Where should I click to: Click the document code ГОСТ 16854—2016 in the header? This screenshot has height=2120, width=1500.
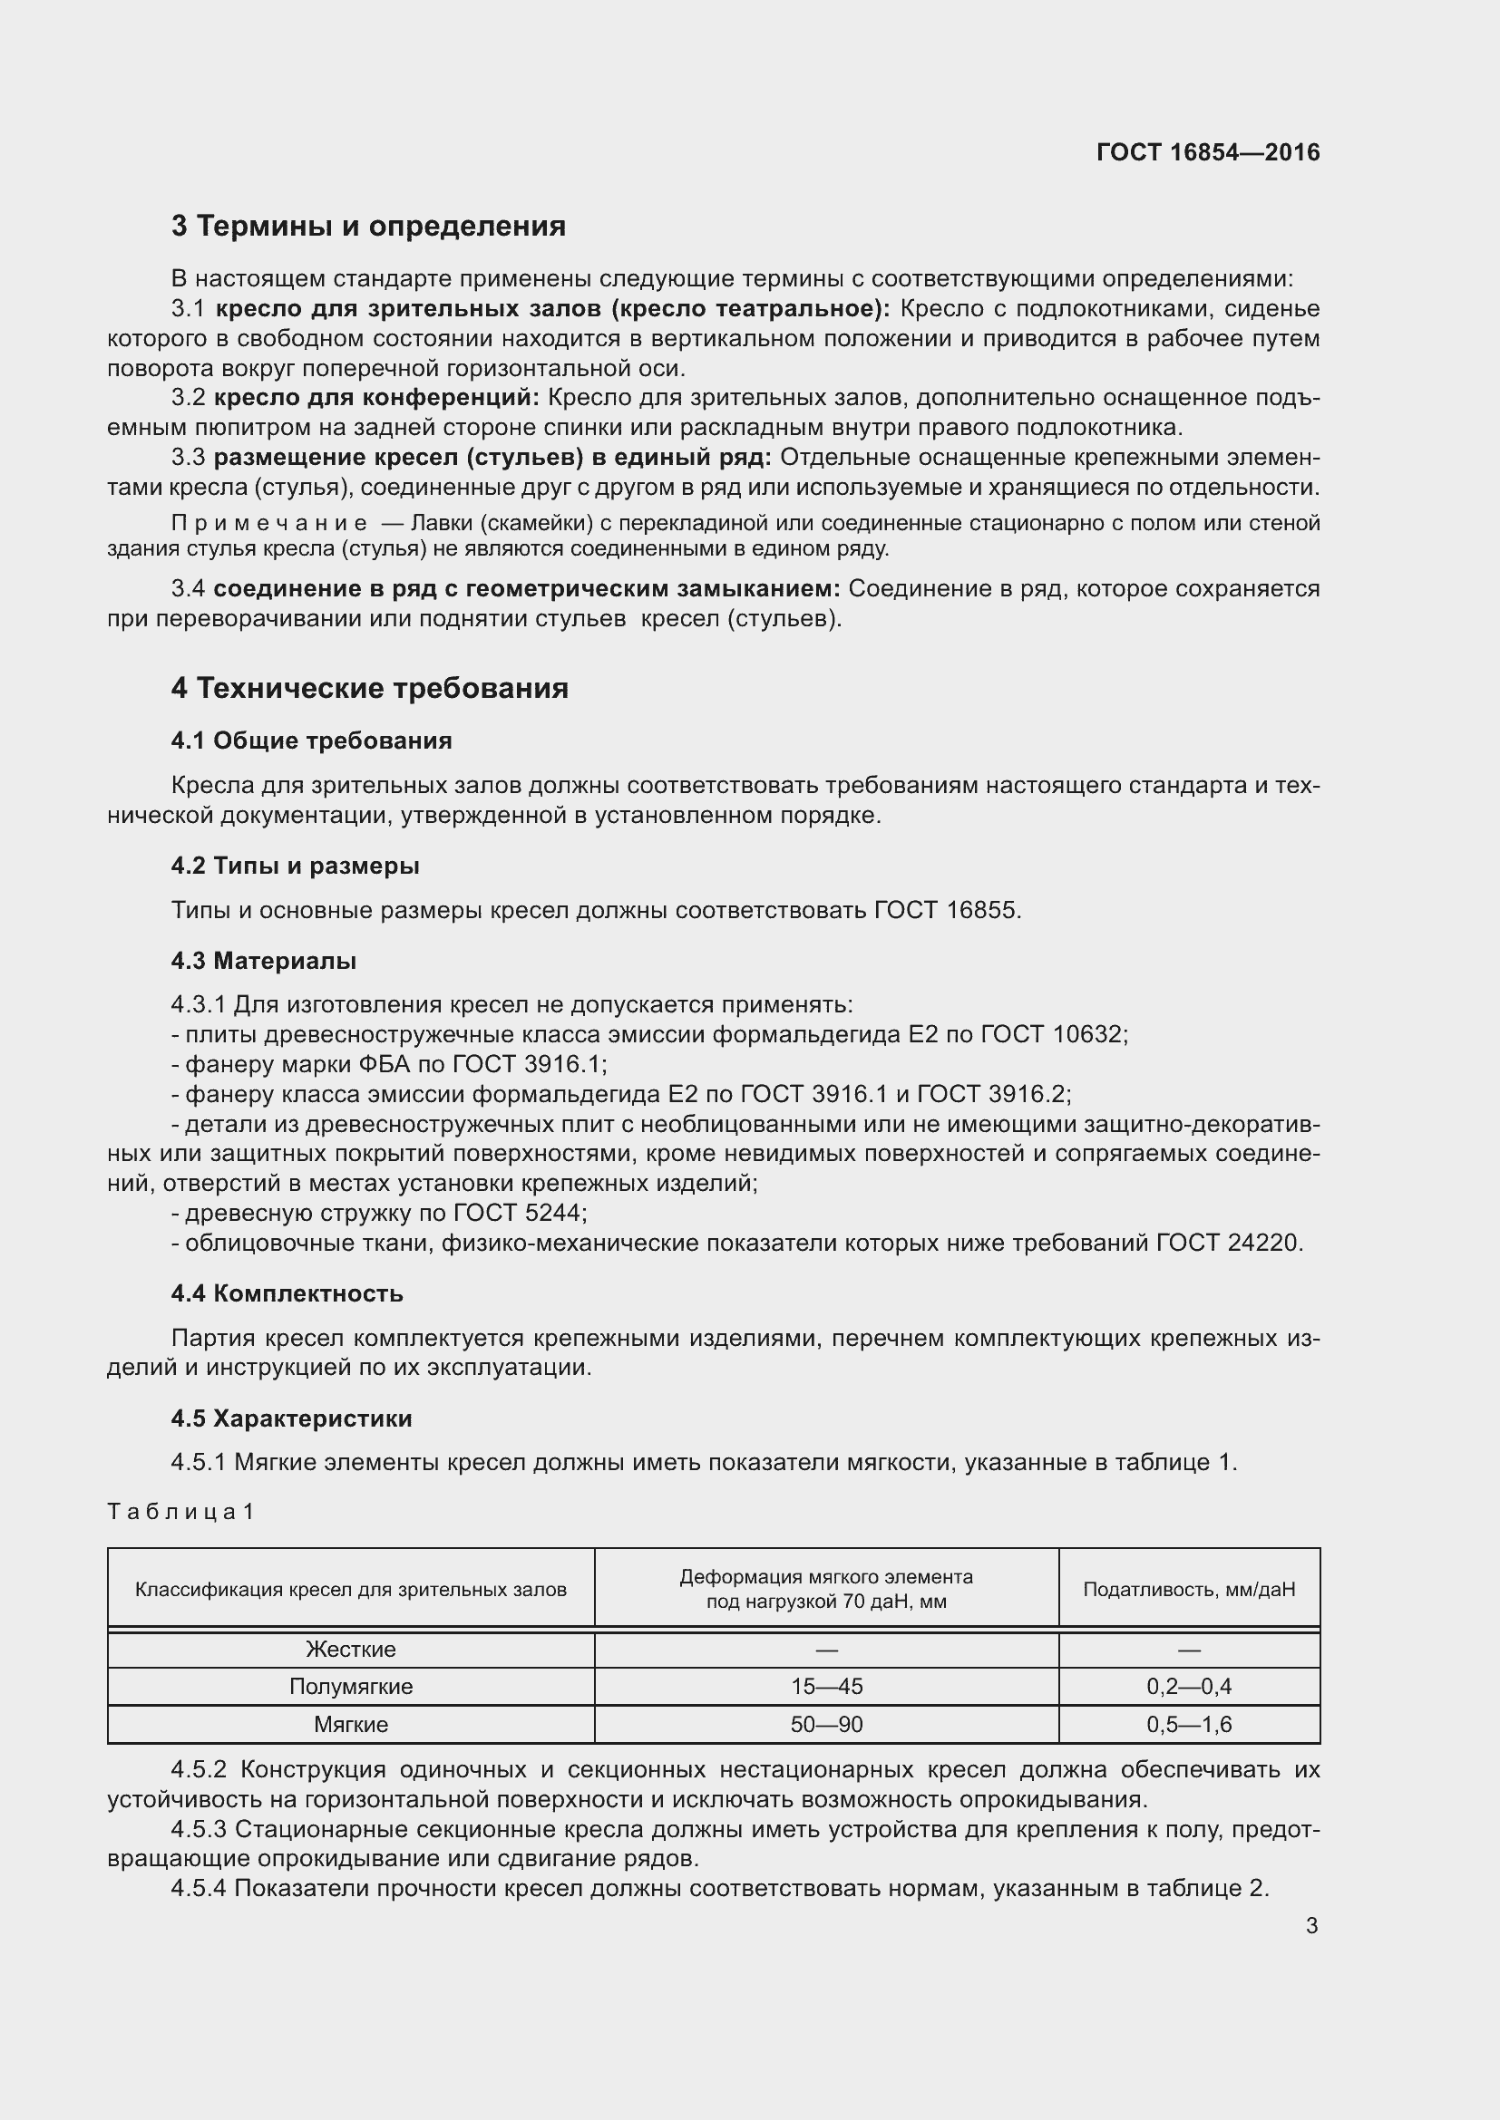click(x=1207, y=152)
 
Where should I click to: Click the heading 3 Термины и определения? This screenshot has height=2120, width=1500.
click(x=367, y=227)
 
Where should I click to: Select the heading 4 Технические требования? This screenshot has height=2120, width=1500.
click(x=369, y=688)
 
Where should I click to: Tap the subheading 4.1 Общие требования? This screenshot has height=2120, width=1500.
click(x=311, y=741)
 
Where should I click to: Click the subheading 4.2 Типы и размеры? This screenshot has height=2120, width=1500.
click(x=295, y=866)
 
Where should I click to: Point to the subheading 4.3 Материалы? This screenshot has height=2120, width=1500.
click(x=263, y=961)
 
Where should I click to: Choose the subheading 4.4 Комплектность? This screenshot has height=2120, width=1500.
click(x=287, y=1293)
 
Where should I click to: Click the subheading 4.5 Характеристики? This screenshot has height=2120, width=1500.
click(x=291, y=1418)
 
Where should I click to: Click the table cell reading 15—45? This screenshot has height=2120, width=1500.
click(x=826, y=1687)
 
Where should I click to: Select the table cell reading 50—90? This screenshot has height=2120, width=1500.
click(x=826, y=1725)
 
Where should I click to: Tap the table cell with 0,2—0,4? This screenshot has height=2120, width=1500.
click(x=1189, y=1687)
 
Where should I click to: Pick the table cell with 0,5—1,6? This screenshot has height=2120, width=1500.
click(x=1189, y=1725)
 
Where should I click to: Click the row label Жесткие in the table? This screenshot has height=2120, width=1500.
click(x=350, y=1649)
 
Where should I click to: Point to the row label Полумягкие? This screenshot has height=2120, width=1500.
click(x=350, y=1687)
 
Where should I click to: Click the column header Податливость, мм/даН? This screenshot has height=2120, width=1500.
click(x=1189, y=1589)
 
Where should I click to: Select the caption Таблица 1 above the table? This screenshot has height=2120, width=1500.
click(x=180, y=1512)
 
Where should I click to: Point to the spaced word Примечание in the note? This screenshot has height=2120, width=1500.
click(x=268, y=524)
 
